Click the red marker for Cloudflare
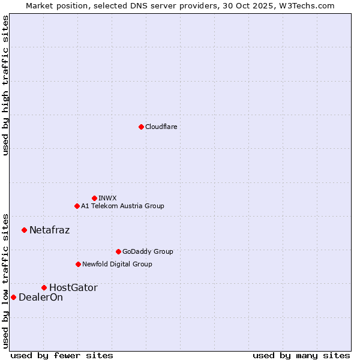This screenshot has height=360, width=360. coord(141,127)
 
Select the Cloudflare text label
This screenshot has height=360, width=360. coord(161,127)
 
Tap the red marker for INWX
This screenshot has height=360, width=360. coord(94,198)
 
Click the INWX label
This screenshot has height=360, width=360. coord(107,198)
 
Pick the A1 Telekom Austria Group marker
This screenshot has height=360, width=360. coord(77,206)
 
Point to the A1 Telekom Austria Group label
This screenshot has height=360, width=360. coord(122,206)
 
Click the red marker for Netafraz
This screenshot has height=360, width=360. coord(24,230)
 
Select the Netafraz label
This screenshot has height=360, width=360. coord(49,230)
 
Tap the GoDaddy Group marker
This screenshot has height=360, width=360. coord(118,251)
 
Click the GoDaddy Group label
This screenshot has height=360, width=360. coord(148,251)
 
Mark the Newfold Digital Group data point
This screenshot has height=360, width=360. coord(78,264)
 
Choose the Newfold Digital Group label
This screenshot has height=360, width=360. coord(117,264)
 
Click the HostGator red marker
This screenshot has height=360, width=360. coord(44,287)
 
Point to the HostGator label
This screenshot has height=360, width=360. coord(73,287)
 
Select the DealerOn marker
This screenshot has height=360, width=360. coord(13,297)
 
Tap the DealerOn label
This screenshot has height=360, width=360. coord(41,297)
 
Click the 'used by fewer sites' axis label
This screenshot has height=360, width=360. coord(62,355)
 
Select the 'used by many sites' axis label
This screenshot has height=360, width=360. coord(301,355)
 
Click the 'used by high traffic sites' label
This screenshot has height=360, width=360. coord(5,85)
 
